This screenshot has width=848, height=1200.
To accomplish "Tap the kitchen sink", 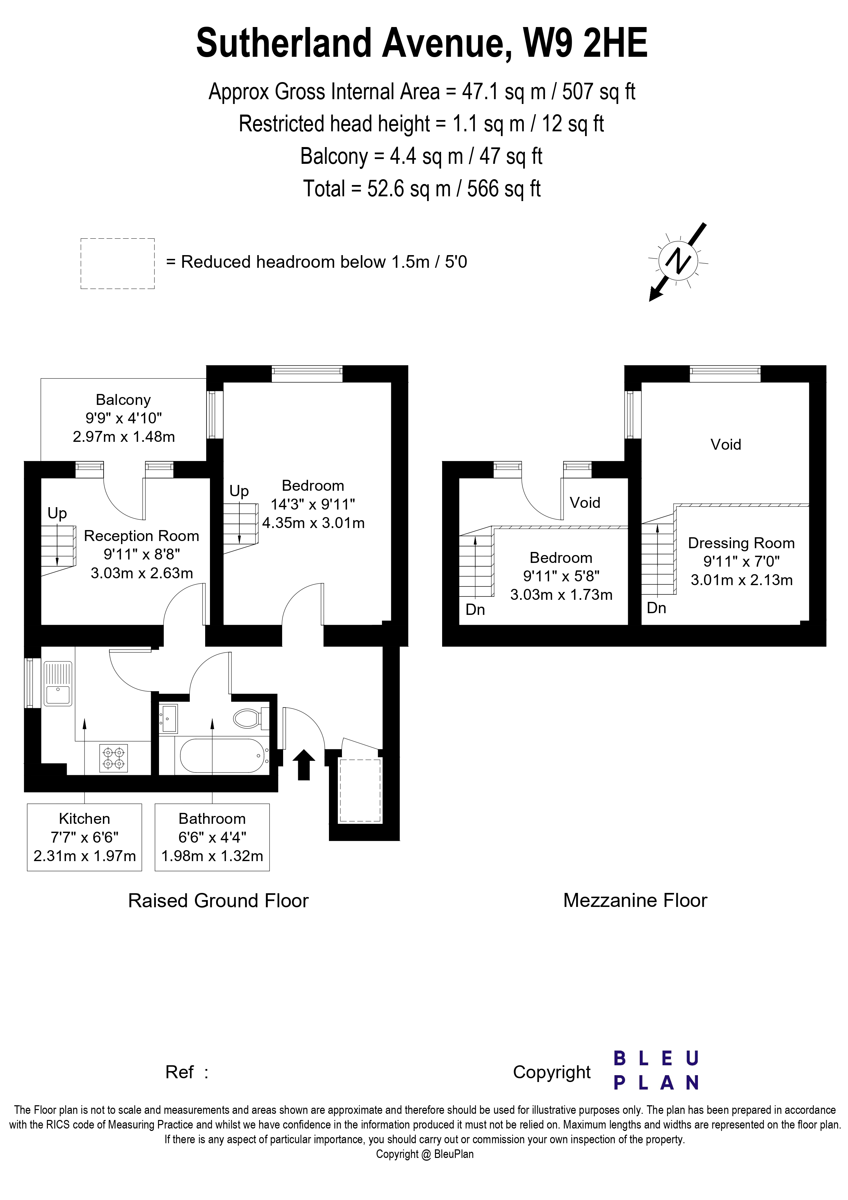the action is (58, 684).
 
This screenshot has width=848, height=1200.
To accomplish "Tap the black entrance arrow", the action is (304, 765).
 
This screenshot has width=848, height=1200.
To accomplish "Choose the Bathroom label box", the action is (212, 837).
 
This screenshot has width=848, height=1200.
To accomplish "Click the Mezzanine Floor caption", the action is (635, 900).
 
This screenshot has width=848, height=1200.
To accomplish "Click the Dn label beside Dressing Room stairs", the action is (656, 608).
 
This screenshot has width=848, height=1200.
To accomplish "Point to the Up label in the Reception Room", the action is (57, 513).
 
